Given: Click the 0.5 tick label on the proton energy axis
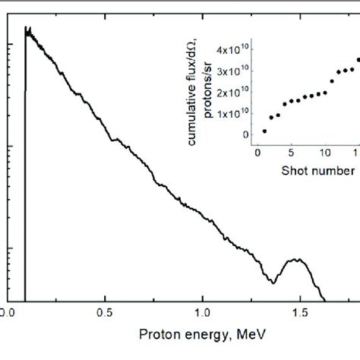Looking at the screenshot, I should pyautogui.click(x=105, y=312).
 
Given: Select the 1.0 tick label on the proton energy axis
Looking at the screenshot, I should pyautogui.click(x=202, y=312).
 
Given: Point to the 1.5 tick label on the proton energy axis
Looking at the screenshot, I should pyautogui.click(x=300, y=312).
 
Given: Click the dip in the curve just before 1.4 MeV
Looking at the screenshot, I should pyautogui.click(x=273, y=282).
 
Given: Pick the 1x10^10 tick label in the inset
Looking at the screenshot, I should pyautogui.click(x=230, y=113).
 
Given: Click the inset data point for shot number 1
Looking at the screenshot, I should pyautogui.click(x=264, y=131).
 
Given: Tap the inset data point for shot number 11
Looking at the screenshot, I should pyautogui.click(x=332, y=81).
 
